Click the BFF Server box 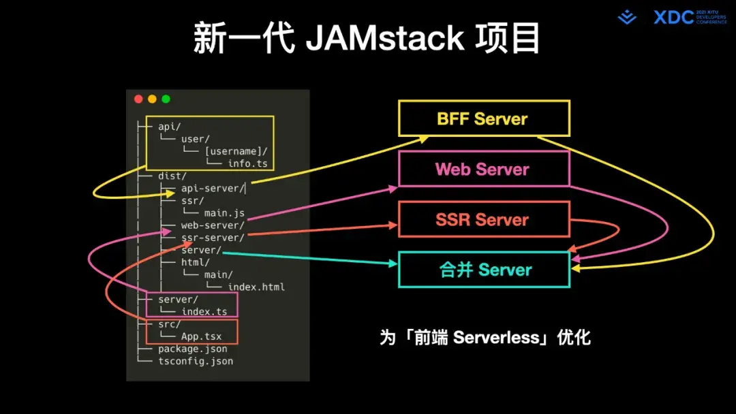click(x=483, y=118)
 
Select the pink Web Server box click(x=483, y=169)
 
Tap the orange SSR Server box click(x=483, y=219)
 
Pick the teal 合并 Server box click(x=483, y=270)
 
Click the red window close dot click(x=138, y=99)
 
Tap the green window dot click(x=166, y=99)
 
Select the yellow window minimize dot click(x=152, y=99)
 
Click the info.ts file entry click(x=247, y=163)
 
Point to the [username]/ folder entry click(x=236, y=151)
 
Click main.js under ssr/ click(x=224, y=213)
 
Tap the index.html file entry click(x=256, y=287)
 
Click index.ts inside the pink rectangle click(x=204, y=311)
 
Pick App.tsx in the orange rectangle click(x=201, y=336)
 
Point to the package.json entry click(x=192, y=349)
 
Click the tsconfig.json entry click(x=196, y=361)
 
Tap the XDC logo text click(x=673, y=18)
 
